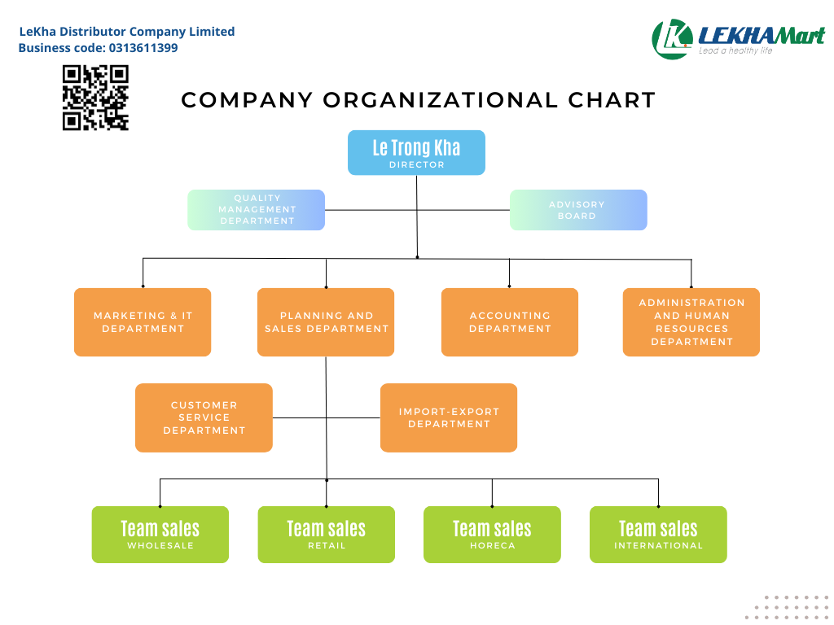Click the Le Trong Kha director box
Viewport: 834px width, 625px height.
416,152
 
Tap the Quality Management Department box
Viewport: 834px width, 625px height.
256,210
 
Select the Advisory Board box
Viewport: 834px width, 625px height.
578,210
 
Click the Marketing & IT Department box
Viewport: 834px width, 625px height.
143,322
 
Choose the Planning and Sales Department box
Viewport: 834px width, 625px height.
326,322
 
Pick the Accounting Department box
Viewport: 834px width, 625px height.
510,322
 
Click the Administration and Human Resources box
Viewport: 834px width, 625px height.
691,322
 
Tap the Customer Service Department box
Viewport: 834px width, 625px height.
204,417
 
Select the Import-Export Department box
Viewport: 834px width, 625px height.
449,417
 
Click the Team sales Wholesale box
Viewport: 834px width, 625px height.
160,535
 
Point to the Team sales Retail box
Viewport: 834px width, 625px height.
327,535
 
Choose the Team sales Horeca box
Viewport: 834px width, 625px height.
492,535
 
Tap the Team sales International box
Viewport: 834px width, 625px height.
658,535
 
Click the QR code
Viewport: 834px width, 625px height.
95,98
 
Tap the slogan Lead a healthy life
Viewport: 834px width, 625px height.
735,51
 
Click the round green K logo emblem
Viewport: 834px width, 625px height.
672,38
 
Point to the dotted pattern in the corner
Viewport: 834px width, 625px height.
786,607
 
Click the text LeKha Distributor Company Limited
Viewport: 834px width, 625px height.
127,32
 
